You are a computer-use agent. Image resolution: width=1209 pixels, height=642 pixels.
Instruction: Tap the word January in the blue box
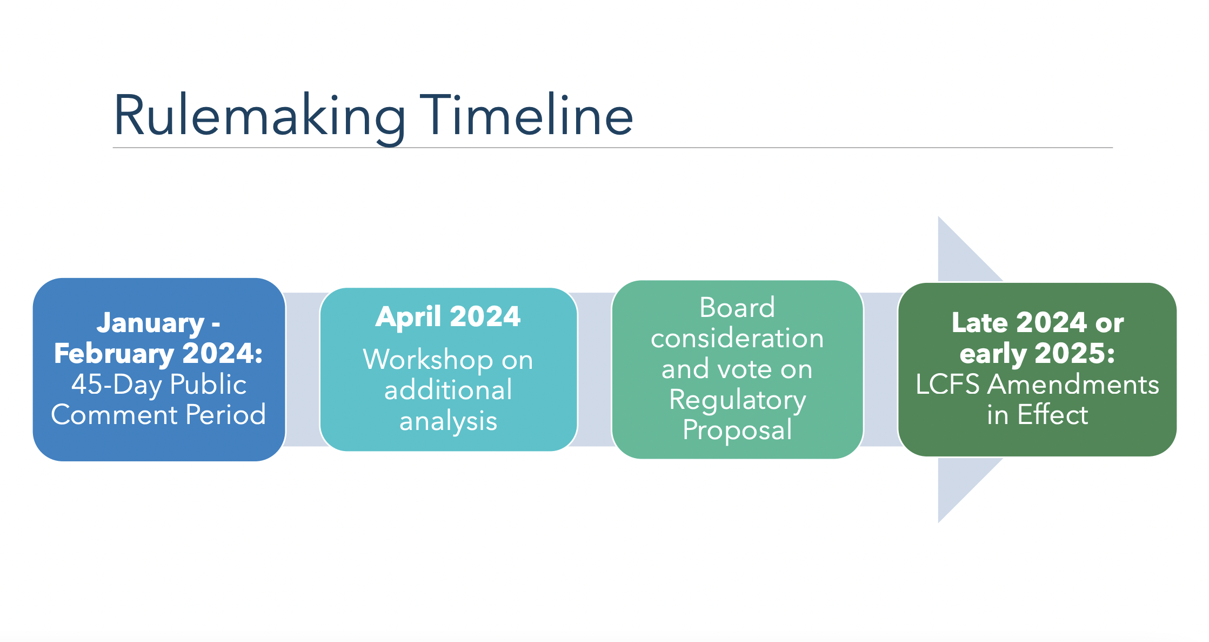pyautogui.click(x=150, y=323)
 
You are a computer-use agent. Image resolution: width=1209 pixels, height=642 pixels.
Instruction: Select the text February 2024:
pyautogui.click(x=158, y=354)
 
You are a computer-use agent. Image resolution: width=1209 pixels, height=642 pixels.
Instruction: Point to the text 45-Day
pyautogui.click(x=117, y=385)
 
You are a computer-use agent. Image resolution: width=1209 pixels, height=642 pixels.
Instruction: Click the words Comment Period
pyautogui.click(x=158, y=415)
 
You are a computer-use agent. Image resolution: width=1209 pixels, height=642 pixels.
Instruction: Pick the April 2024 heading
pyautogui.click(x=448, y=316)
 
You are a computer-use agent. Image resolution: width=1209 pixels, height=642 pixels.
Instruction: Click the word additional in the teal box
pyautogui.click(x=448, y=390)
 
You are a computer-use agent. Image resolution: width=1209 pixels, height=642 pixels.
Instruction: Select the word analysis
pyautogui.click(x=448, y=421)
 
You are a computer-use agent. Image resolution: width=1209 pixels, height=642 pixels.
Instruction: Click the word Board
pyautogui.click(x=737, y=308)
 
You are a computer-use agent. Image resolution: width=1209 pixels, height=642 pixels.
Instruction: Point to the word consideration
pyautogui.click(x=737, y=339)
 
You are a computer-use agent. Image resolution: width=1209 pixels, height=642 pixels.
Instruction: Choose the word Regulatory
pyautogui.click(x=737, y=401)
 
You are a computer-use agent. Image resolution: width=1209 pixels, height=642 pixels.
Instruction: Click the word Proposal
pyautogui.click(x=737, y=431)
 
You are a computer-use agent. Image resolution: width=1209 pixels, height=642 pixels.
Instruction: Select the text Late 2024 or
pyautogui.click(x=1037, y=323)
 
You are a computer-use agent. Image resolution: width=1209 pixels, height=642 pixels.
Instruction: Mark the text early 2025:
pyautogui.click(x=1037, y=354)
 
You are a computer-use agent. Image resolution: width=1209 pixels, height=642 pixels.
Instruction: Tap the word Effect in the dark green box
pyautogui.click(x=1053, y=415)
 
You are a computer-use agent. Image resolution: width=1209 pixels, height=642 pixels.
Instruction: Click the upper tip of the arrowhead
pyautogui.click(x=939, y=217)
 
